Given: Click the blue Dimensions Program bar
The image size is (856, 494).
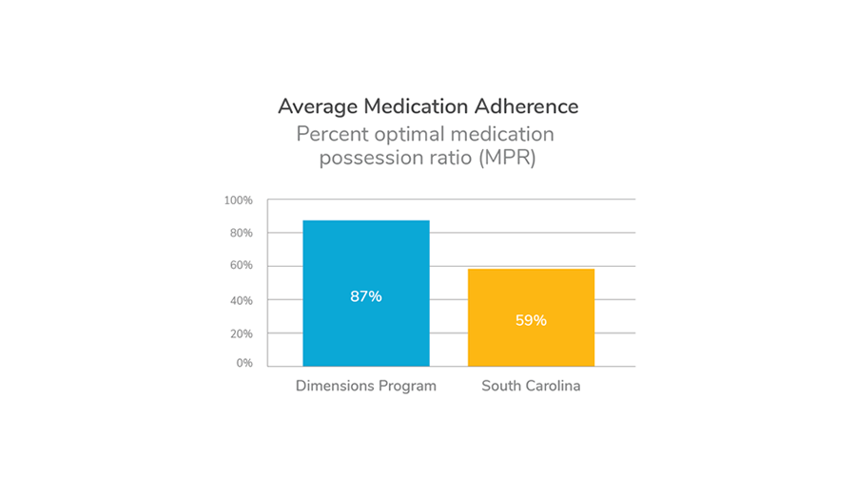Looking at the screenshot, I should [366, 256].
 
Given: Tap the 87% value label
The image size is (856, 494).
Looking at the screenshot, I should [366, 296].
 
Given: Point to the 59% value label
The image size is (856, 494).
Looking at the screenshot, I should [531, 320].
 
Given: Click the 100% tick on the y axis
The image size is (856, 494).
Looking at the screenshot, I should [238, 200].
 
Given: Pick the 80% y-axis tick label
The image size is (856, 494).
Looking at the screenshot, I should [240, 233].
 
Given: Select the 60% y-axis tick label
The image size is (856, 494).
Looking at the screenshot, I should [240, 266].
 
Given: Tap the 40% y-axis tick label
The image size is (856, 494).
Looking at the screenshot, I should [240, 300].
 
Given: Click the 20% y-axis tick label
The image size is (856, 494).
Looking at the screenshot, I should [240, 333].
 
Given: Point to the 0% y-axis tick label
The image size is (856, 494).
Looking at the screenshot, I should [243, 363].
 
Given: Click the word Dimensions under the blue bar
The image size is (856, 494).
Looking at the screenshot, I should [335, 387].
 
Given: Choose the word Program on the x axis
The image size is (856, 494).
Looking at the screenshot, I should [408, 387].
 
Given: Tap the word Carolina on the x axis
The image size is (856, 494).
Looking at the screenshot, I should [553, 387].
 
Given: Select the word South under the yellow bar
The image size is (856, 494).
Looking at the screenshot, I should [501, 387].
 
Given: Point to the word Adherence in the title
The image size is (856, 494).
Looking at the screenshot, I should [525, 106].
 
